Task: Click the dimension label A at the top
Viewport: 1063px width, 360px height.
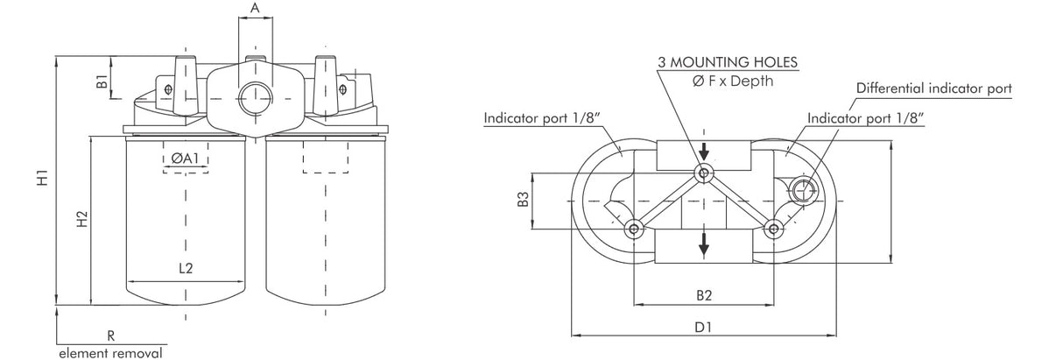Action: [255, 8]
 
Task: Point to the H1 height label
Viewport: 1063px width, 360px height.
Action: [41, 179]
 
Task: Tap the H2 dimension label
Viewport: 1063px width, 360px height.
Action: [81, 219]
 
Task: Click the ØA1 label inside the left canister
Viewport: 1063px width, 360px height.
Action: [185, 159]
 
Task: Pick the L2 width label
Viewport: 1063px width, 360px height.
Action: [186, 269]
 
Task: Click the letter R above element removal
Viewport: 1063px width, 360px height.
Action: [111, 335]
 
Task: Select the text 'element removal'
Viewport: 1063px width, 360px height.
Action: [109, 353]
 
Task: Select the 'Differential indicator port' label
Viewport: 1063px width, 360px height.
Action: [934, 88]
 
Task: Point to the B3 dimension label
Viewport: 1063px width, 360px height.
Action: [523, 201]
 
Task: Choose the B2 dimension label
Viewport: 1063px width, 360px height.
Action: [703, 295]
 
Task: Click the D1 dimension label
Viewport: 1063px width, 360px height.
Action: [703, 326]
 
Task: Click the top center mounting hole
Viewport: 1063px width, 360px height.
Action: [703, 173]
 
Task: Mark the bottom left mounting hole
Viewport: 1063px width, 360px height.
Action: [633, 229]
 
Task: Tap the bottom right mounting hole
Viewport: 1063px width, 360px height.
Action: [772, 229]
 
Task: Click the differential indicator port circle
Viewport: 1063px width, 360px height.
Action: [803, 187]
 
